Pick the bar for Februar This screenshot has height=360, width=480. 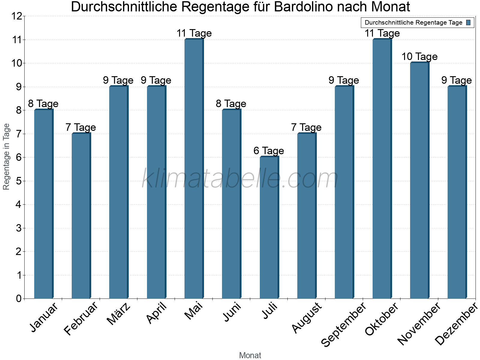81,216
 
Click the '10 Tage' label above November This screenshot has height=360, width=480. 419,56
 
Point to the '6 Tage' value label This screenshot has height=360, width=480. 268,151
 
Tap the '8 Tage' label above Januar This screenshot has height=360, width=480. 43,103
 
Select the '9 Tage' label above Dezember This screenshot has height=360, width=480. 457,80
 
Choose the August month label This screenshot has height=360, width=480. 307,318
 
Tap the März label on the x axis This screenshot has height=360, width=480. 119,314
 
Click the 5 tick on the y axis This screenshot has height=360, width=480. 19,181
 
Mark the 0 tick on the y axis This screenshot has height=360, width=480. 19,298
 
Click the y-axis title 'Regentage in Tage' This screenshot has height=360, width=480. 7,157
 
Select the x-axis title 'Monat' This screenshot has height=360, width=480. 250,355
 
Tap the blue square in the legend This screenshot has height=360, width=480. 468,22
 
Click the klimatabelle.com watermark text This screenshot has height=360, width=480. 240,178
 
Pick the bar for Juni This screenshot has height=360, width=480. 232,204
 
